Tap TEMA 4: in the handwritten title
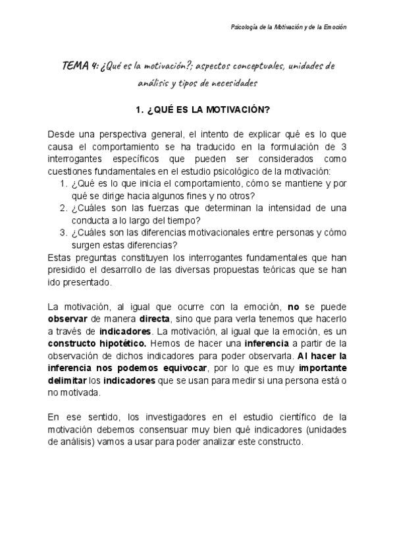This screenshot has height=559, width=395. pos(80,66)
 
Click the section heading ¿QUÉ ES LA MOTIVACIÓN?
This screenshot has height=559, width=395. pos(198,110)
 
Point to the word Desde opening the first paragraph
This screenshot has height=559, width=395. pos(61,134)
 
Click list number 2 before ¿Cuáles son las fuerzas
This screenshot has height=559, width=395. pos(63,209)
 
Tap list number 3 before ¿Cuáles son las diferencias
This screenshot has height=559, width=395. pos(63,232)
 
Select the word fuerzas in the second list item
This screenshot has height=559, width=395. pos(167,209)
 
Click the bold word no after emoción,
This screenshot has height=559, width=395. pos(294,307)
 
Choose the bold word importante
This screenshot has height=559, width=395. pos(319,368)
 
